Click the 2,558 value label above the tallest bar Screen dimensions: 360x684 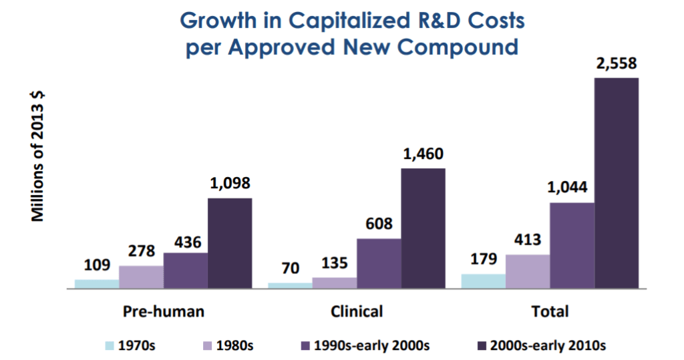(x=616, y=65)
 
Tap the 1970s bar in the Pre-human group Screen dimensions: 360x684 (x=97, y=284)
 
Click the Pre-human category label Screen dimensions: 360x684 (x=164, y=311)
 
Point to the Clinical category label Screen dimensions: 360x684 (x=357, y=311)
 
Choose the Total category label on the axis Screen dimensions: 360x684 (x=550, y=311)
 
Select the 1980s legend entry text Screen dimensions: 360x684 (x=234, y=346)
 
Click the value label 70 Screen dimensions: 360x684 (x=290, y=270)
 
